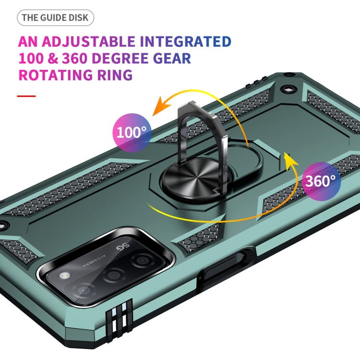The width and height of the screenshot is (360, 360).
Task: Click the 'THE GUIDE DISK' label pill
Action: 55,18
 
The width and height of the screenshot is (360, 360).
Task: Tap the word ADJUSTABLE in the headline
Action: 88,42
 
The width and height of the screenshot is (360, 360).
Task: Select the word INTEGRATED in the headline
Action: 185,42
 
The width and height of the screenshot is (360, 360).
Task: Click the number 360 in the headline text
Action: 74,58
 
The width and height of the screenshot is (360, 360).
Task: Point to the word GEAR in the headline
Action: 172,58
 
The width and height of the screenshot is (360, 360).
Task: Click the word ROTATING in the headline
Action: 55,75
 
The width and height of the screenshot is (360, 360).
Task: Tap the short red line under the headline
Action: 26,96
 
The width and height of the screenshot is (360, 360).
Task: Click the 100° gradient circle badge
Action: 132,132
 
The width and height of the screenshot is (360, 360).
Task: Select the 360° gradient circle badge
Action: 321,181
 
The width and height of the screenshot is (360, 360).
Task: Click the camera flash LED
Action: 65,276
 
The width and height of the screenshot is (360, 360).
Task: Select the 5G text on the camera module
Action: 123,247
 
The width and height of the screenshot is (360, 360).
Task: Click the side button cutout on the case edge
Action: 226,265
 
